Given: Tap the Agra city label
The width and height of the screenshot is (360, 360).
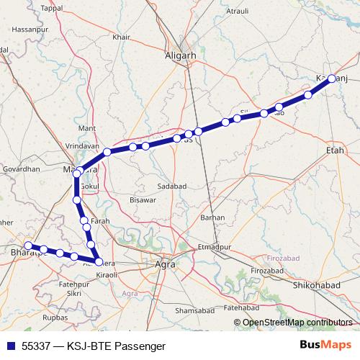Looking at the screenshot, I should point(166,264).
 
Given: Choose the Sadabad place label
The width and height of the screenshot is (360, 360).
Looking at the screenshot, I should point(171,186).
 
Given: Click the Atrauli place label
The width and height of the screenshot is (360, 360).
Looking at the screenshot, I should point(237,12).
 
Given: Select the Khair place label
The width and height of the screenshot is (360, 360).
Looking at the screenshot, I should point(140,37).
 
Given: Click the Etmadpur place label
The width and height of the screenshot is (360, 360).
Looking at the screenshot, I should point(215,246).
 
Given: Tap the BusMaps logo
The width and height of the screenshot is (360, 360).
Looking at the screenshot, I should point(329,346).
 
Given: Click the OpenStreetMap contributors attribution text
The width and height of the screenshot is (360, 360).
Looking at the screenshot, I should point(297,323).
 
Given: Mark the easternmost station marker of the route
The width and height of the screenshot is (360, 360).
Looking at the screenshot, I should point(332,79).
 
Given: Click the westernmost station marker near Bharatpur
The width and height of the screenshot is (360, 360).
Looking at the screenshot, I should point(28,246).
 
